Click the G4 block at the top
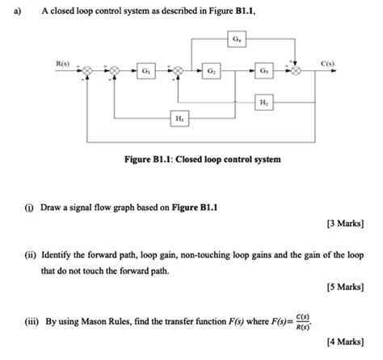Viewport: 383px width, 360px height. [235, 39]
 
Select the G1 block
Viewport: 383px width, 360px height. [145, 71]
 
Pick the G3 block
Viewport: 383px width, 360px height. [263, 71]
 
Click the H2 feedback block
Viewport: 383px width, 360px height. [263, 103]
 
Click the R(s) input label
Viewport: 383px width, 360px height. [62, 61]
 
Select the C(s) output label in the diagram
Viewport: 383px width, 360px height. [327, 61]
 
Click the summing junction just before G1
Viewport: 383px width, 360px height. [116, 71]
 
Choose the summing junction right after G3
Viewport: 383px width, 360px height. [298, 71]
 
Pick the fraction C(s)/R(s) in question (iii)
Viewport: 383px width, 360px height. [301, 321]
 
